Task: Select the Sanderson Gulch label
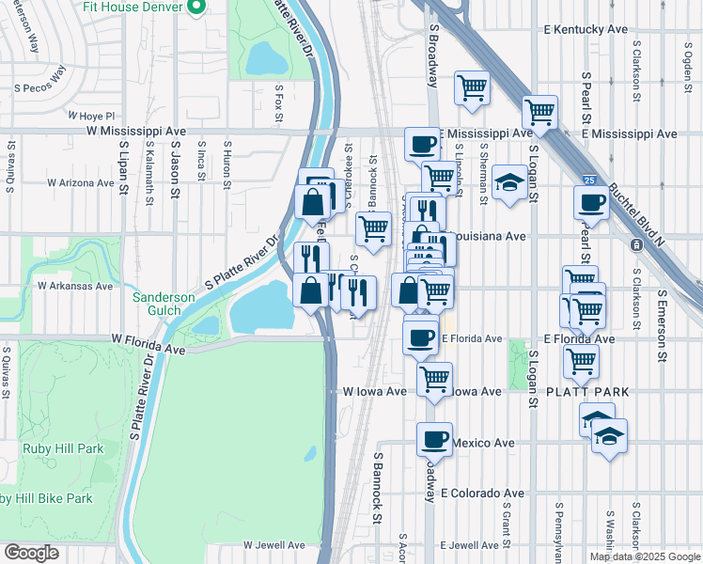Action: (x=163, y=304)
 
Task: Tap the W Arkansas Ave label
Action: (x=75, y=286)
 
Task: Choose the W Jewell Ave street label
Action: (x=274, y=544)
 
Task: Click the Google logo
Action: (x=30, y=553)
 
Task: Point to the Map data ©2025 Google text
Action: (x=645, y=556)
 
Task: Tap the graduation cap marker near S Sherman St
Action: (x=508, y=181)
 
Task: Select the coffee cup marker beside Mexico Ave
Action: (x=434, y=438)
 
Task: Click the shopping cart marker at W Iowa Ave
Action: (x=433, y=379)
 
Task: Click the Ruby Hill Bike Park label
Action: (x=47, y=498)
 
